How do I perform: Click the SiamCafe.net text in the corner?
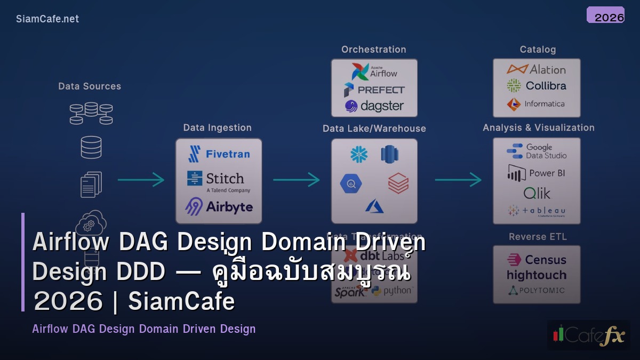point(47,19)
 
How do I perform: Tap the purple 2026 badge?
point(605,15)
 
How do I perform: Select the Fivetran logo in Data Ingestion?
point(219,154)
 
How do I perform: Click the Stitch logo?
point(219,180)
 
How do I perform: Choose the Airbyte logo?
point(219,206)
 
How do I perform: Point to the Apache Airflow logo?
point(374,71)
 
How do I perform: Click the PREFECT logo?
point(374,90)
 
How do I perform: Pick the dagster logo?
point(374,106)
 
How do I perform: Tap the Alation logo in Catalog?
point(536,69)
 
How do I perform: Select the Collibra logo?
point(536,86)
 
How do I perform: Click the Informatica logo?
point(536,104)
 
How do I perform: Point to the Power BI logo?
point(536,173)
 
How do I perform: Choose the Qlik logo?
point(537,193)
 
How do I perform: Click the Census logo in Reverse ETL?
point(536,260)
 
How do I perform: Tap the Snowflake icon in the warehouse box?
point(359,155)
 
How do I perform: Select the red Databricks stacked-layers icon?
point(398,184)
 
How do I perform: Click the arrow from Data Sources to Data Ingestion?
point(141,180)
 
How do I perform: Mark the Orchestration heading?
point(373,50)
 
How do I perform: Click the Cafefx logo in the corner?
point(588,335)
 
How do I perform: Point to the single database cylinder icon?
point(91,147)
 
